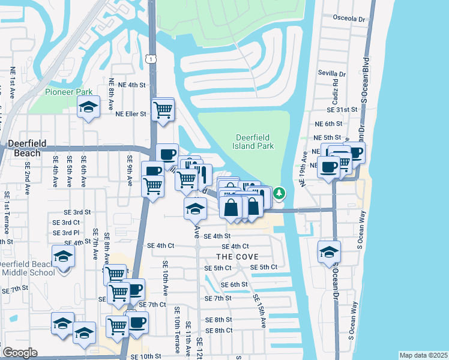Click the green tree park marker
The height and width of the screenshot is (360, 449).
click(x=279, y=194)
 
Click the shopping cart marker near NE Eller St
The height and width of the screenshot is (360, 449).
click(x=163, y=109)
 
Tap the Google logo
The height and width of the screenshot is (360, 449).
click(x=20, y=353)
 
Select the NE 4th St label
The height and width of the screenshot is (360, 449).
click(x=132, y=85)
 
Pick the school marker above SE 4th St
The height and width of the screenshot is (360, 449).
click(x=195, y=209)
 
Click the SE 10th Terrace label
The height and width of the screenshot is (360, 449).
click(x=177, y=330)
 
